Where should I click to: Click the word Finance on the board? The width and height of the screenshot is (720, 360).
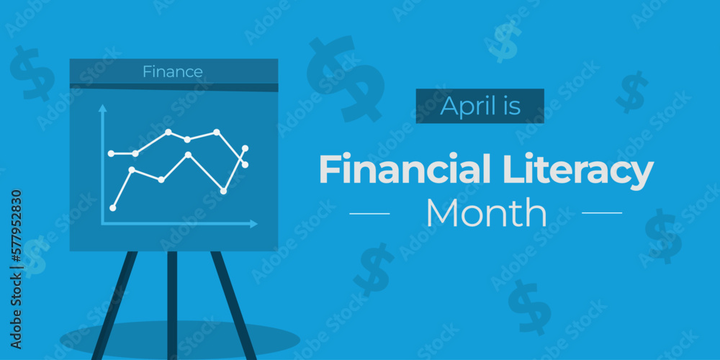[172, 71]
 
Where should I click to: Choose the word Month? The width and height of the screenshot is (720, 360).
[486, 213]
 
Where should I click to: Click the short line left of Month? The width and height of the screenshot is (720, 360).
[369, 213]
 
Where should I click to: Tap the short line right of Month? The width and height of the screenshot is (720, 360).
[601, 213]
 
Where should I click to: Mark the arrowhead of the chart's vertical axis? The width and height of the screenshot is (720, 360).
[102, 108]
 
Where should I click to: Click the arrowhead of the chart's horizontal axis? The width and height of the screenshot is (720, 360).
[253, 224]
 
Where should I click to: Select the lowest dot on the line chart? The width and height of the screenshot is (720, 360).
[112, 207]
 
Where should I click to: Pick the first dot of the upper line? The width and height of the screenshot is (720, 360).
[111, 153]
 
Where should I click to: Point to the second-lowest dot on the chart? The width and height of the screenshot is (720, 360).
[223, 191]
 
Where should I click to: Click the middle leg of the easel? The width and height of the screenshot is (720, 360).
[172, 302]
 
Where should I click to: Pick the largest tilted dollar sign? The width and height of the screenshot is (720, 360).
[344, 78]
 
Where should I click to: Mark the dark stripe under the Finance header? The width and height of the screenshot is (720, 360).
[174, 87]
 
